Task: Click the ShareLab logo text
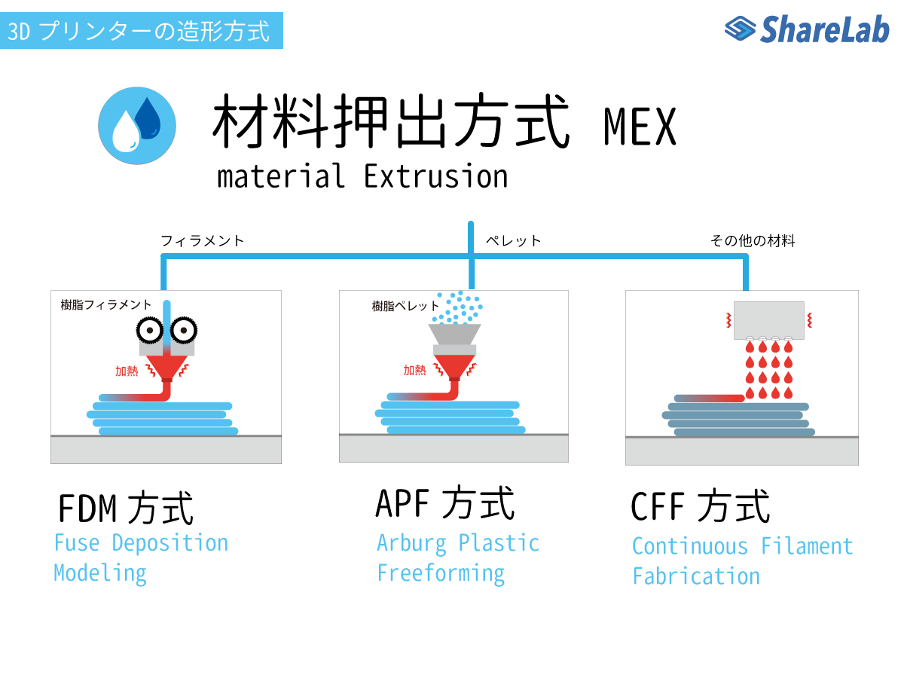coord(824,29)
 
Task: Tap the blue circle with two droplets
coord(137,126)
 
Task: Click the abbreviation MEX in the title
coord(639,127)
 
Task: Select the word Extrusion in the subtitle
coord(435,176)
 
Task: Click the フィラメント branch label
coord(202,240)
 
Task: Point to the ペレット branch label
coord(513,240)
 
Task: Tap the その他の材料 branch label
coord(752,240)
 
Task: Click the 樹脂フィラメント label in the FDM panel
coord(106,304)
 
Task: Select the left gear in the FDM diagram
coord(149,330)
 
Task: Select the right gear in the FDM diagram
coord(184,330)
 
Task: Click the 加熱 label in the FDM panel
coord(127,371)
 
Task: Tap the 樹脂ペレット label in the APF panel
coord(405,306)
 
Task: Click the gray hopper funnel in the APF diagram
coord(454,334)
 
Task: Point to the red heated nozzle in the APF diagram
coord(454,366)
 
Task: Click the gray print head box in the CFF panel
coord(768,320)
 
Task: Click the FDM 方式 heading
coord(126,508)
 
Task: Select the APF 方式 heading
coord(444,502)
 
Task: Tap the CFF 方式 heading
coord(700,506)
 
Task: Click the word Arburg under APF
coord(411,544)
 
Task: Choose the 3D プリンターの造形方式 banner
coord(142,30)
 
